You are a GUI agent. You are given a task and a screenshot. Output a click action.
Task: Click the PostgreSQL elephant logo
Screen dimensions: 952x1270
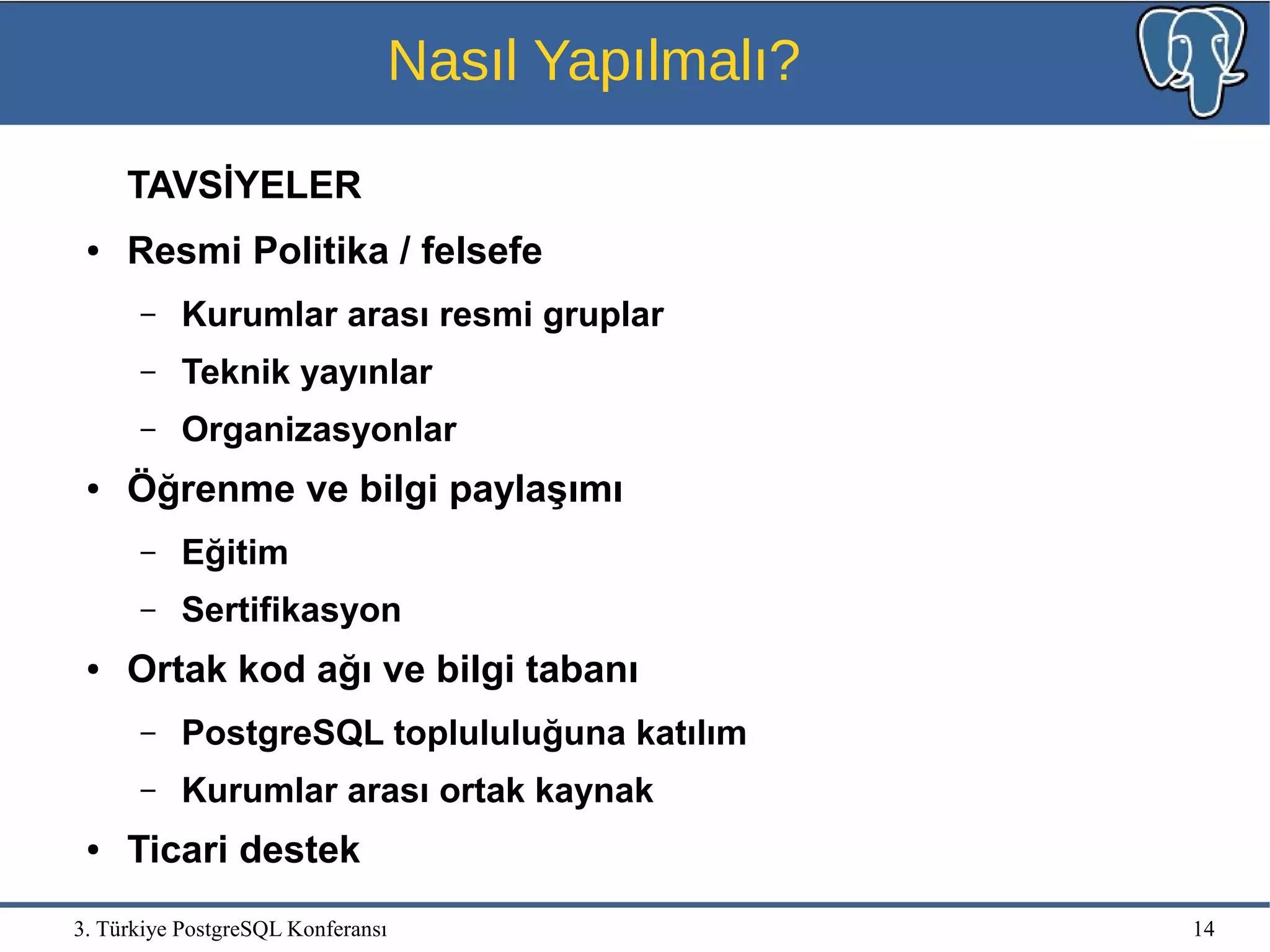pyautogui.click(x=1192, y=61)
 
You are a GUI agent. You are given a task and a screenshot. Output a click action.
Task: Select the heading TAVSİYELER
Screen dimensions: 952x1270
pyautogui.click(x=244, y=185)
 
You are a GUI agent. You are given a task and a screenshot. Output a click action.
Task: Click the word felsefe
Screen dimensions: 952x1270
pyautogui.click(x=481, y=251)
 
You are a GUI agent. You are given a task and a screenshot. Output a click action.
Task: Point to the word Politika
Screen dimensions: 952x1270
pyautogui.click(x=321, y=251)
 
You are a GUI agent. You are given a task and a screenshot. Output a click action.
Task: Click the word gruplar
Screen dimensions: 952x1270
pyautogui.click(x=603, y=315)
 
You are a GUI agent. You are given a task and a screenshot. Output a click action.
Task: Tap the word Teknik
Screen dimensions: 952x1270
pyautogui.click(x=236, y=371)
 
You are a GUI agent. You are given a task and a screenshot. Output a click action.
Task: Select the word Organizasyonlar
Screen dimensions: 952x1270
pyautogui.click(x=319, y=429)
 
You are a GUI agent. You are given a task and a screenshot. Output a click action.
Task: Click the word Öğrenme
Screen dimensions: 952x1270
pyautogui.click(x=211, y=489)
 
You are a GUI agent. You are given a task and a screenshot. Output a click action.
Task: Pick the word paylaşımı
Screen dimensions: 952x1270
pyautogui.click(x=536, y=489)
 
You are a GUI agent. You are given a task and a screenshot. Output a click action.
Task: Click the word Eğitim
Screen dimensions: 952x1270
pyautogui.click(x=234, y=552)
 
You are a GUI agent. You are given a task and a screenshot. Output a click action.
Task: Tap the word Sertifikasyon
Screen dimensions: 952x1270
pyautogui.click(x=291, y=610)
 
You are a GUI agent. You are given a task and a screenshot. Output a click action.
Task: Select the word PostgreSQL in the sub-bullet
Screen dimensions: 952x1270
pyautogui.click(x=282, y=733)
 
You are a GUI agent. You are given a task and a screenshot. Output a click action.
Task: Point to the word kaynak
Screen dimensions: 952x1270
pyautogui.click(x=593, y=790)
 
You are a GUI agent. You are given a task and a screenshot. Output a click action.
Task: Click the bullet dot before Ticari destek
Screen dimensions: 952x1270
pyautogui.click(x=93, y=850)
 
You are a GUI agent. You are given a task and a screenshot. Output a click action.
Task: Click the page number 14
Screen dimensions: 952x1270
pyautogui.click(x=1203, y=928)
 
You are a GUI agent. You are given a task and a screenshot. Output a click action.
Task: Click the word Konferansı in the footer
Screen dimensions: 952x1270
pyautogui.click(x=337, y=929)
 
